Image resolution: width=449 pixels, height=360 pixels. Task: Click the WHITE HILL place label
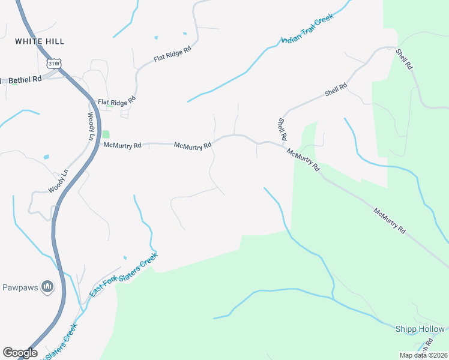tap(40, 41)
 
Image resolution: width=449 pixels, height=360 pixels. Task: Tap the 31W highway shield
tap(53, 62)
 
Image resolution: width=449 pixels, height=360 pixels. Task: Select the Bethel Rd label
tap(25, 79)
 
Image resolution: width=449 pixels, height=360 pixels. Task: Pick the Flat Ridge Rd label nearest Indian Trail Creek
tap(172, 56)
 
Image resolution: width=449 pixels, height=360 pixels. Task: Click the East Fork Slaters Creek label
tap(124, 274)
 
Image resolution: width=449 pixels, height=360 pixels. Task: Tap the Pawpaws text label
tap(19, 287)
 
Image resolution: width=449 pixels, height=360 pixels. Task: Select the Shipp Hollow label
tap(420, 329)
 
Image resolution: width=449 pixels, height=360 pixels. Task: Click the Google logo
tap(20, 353)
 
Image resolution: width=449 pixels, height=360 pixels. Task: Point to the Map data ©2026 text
tap(424, 355)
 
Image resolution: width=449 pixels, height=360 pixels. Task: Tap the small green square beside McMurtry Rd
tap(106, 135)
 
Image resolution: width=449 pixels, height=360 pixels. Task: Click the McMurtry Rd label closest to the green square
tap(122, 145)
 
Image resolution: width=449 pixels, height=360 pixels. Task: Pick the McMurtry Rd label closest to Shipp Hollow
tap(390, 221)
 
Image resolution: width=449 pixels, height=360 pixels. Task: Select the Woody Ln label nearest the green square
tap(91, 126)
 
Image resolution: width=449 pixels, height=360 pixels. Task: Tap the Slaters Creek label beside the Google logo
tap(60, 341)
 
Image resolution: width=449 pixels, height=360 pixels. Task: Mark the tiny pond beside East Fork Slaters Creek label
tap(125, 258)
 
